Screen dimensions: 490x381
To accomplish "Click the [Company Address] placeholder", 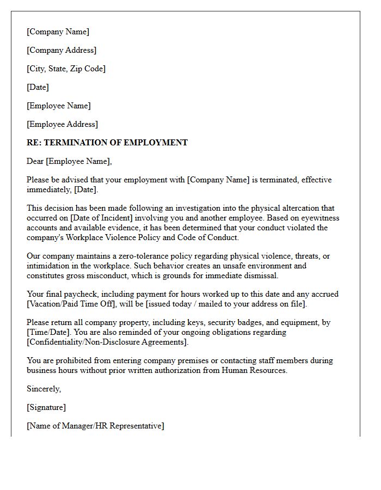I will pos(62,50).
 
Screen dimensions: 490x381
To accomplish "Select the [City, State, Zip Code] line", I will pos(66,69).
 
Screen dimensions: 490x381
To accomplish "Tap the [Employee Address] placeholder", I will pos(62,124).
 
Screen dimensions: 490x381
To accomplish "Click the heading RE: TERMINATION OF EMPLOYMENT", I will pos(107,143).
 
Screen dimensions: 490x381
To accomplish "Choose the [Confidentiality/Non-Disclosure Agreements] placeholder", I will pos(107,342).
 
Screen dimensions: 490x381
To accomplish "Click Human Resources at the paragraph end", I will pos(254,370).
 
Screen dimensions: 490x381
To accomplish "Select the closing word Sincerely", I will pos(44,389).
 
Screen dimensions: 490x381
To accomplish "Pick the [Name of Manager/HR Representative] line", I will pos(95,426).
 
